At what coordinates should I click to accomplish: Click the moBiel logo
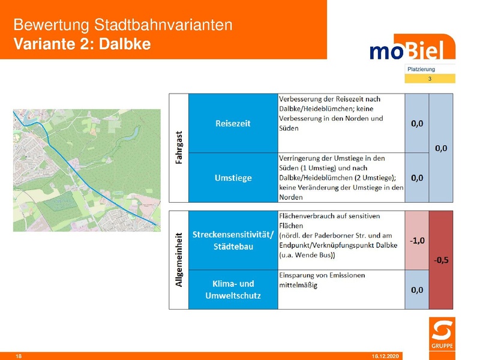point(411,49)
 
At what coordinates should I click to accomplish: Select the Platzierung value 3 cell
point(430,79)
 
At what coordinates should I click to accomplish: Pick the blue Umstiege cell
point(233,178)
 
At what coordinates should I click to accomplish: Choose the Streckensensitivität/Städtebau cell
point(233,241)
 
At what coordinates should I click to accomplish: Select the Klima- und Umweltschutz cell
point(233,289)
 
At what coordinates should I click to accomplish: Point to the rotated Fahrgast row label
point(179,148)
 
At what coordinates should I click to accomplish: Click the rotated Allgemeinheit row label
point(179,260)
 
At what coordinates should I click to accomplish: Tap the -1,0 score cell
point(417,241)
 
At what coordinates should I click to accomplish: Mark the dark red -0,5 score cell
point(443,260)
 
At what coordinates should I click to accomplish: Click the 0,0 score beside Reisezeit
point(417,124)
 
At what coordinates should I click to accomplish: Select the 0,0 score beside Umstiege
point(417,178)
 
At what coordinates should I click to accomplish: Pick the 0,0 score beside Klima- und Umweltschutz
point(417,290)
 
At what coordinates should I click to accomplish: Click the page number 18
point(19,356)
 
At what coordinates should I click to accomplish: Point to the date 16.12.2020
point(383,356)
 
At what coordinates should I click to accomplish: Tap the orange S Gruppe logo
point(442,334)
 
